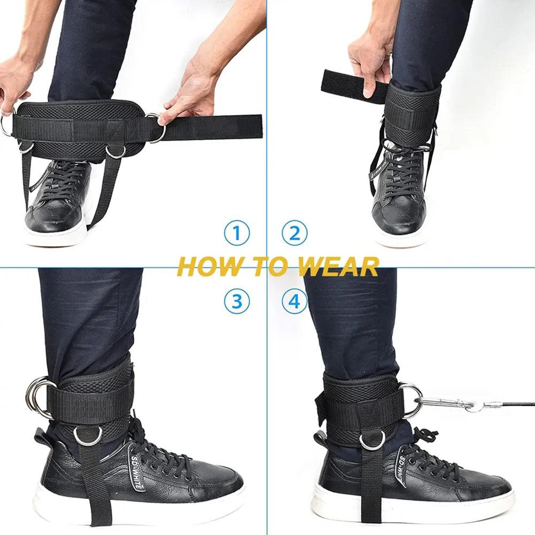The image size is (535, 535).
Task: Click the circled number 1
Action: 237,234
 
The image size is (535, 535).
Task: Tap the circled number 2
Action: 294,234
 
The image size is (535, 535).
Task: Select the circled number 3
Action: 237,301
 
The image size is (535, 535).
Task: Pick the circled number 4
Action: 294,301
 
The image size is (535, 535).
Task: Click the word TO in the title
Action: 262,266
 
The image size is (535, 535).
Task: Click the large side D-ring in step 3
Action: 38,397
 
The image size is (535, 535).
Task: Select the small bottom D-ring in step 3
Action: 87,436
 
